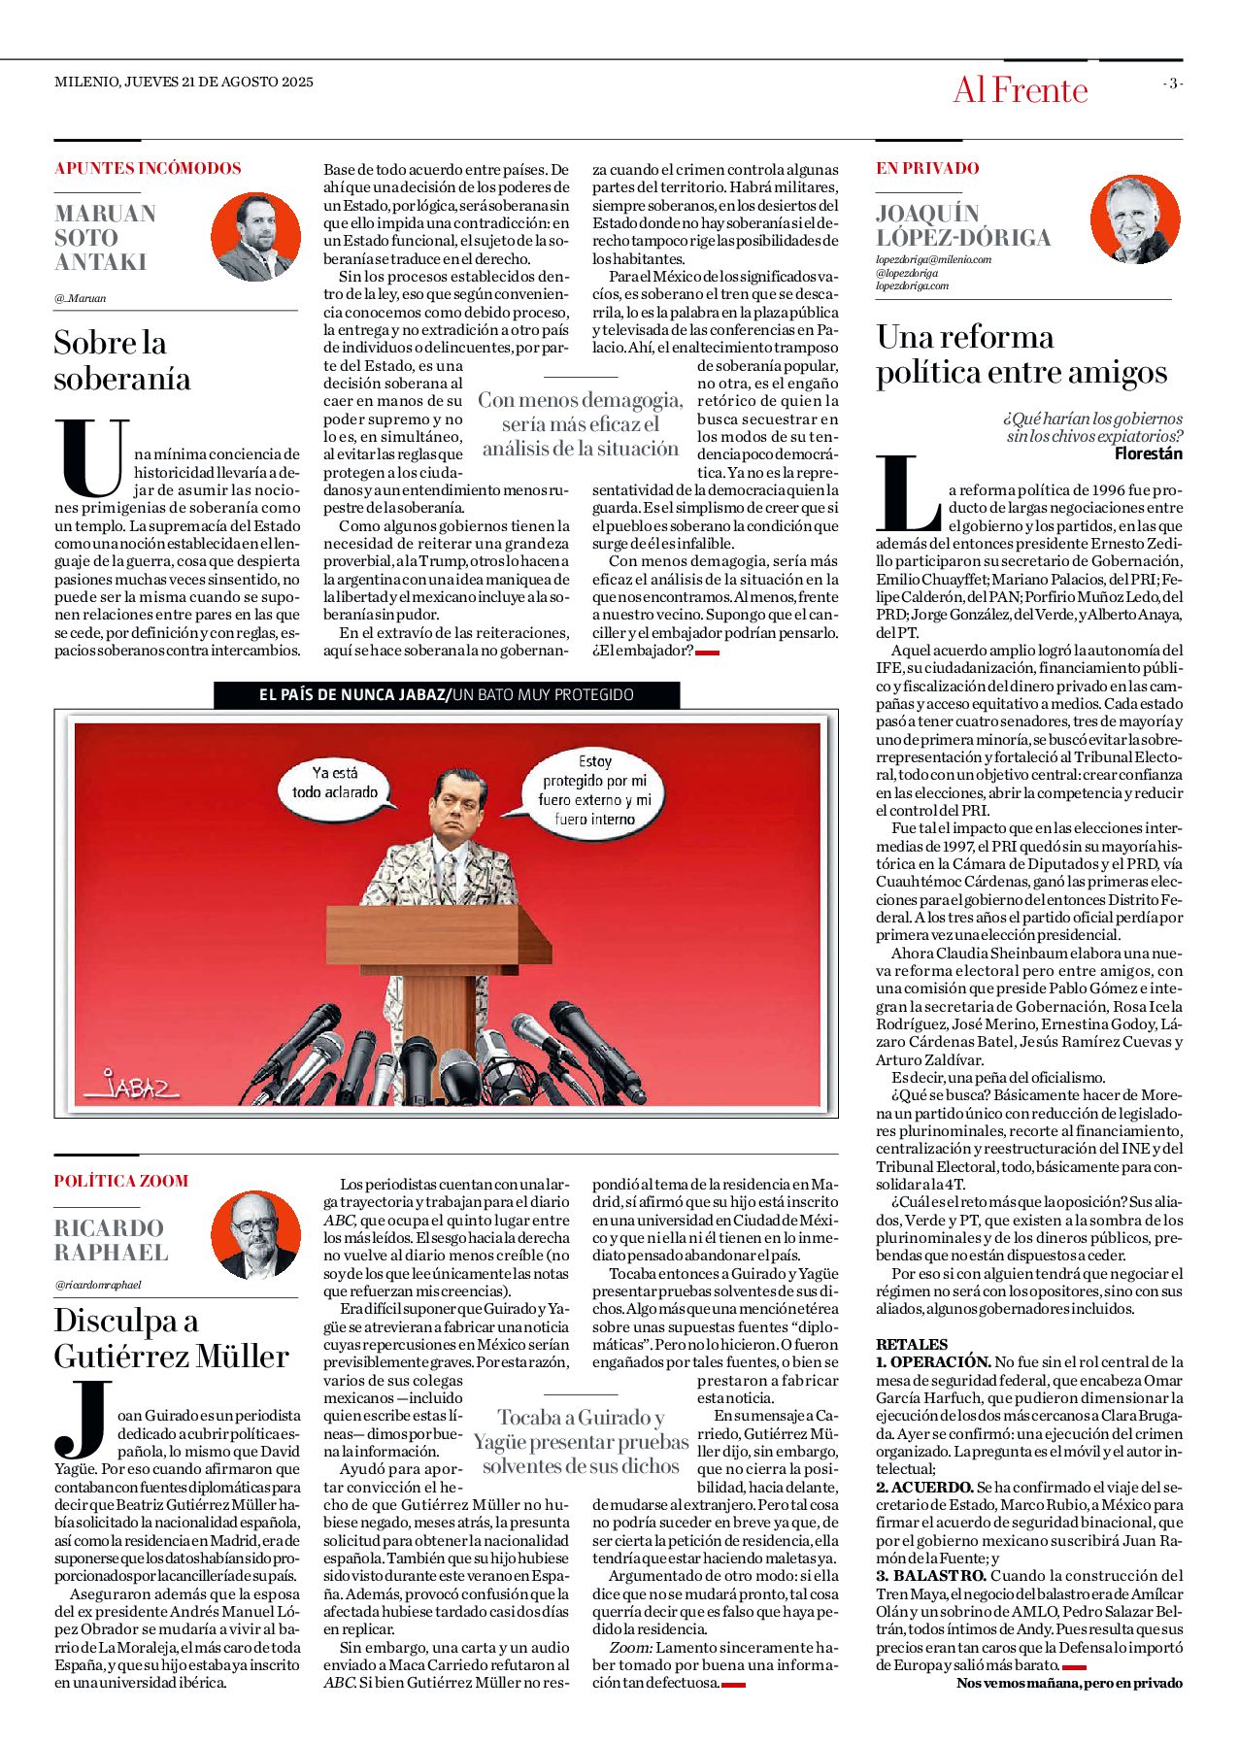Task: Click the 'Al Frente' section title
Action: pyautogui.click(x=1020, y=90)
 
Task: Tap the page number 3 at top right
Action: pyautogui.click(x=1173, y=84)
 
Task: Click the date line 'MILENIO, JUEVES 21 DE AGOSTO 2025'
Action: pyautogui.click(x=184, y=82)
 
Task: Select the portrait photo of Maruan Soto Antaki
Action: pyautogui.click(x=255, y=236)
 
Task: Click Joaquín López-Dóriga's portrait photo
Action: pyautogui.click(x=1134, y=218)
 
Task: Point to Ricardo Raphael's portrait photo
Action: pyautogui.click(x=255, y=1234)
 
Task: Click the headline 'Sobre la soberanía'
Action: pyautogui.click(x=122, y=360)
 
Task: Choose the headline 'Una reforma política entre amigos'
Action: pyautogui.click(x=1021, y=354)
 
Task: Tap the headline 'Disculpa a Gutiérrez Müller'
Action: pyautogui.click(x=171, y=1338)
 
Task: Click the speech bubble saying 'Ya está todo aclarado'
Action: pyautogui.click(x=335, y=783)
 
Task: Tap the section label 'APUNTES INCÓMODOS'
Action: pyautogui.click(x=148, y=168)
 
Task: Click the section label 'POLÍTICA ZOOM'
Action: pyautogui.click(x=121, y=1181)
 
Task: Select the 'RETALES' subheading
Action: pyautogui.click(x=912, y=1344)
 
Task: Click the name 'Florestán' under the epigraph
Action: pyautogui.click(x=1148, y=453)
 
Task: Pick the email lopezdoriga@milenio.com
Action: pyautogui.click(x=933, y=259)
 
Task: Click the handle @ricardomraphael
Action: pyautogui.click(x=98, y=1285)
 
